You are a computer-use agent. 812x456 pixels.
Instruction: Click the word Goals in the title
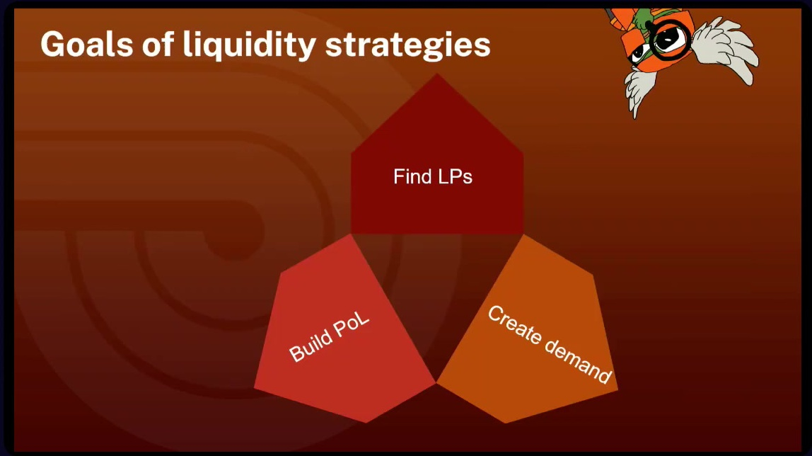(87, 44)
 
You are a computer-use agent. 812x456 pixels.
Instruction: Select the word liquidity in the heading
(249, 45)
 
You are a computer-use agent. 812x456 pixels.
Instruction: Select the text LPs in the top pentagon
(456, 177)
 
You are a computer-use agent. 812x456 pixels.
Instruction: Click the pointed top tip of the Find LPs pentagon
(437, 74)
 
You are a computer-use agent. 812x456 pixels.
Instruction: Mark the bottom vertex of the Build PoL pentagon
(366, 422)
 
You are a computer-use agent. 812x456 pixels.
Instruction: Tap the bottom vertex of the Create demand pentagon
(506, 422)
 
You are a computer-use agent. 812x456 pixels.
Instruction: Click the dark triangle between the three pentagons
(436, 290)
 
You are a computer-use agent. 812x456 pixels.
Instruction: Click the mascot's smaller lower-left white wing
(638, 90)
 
